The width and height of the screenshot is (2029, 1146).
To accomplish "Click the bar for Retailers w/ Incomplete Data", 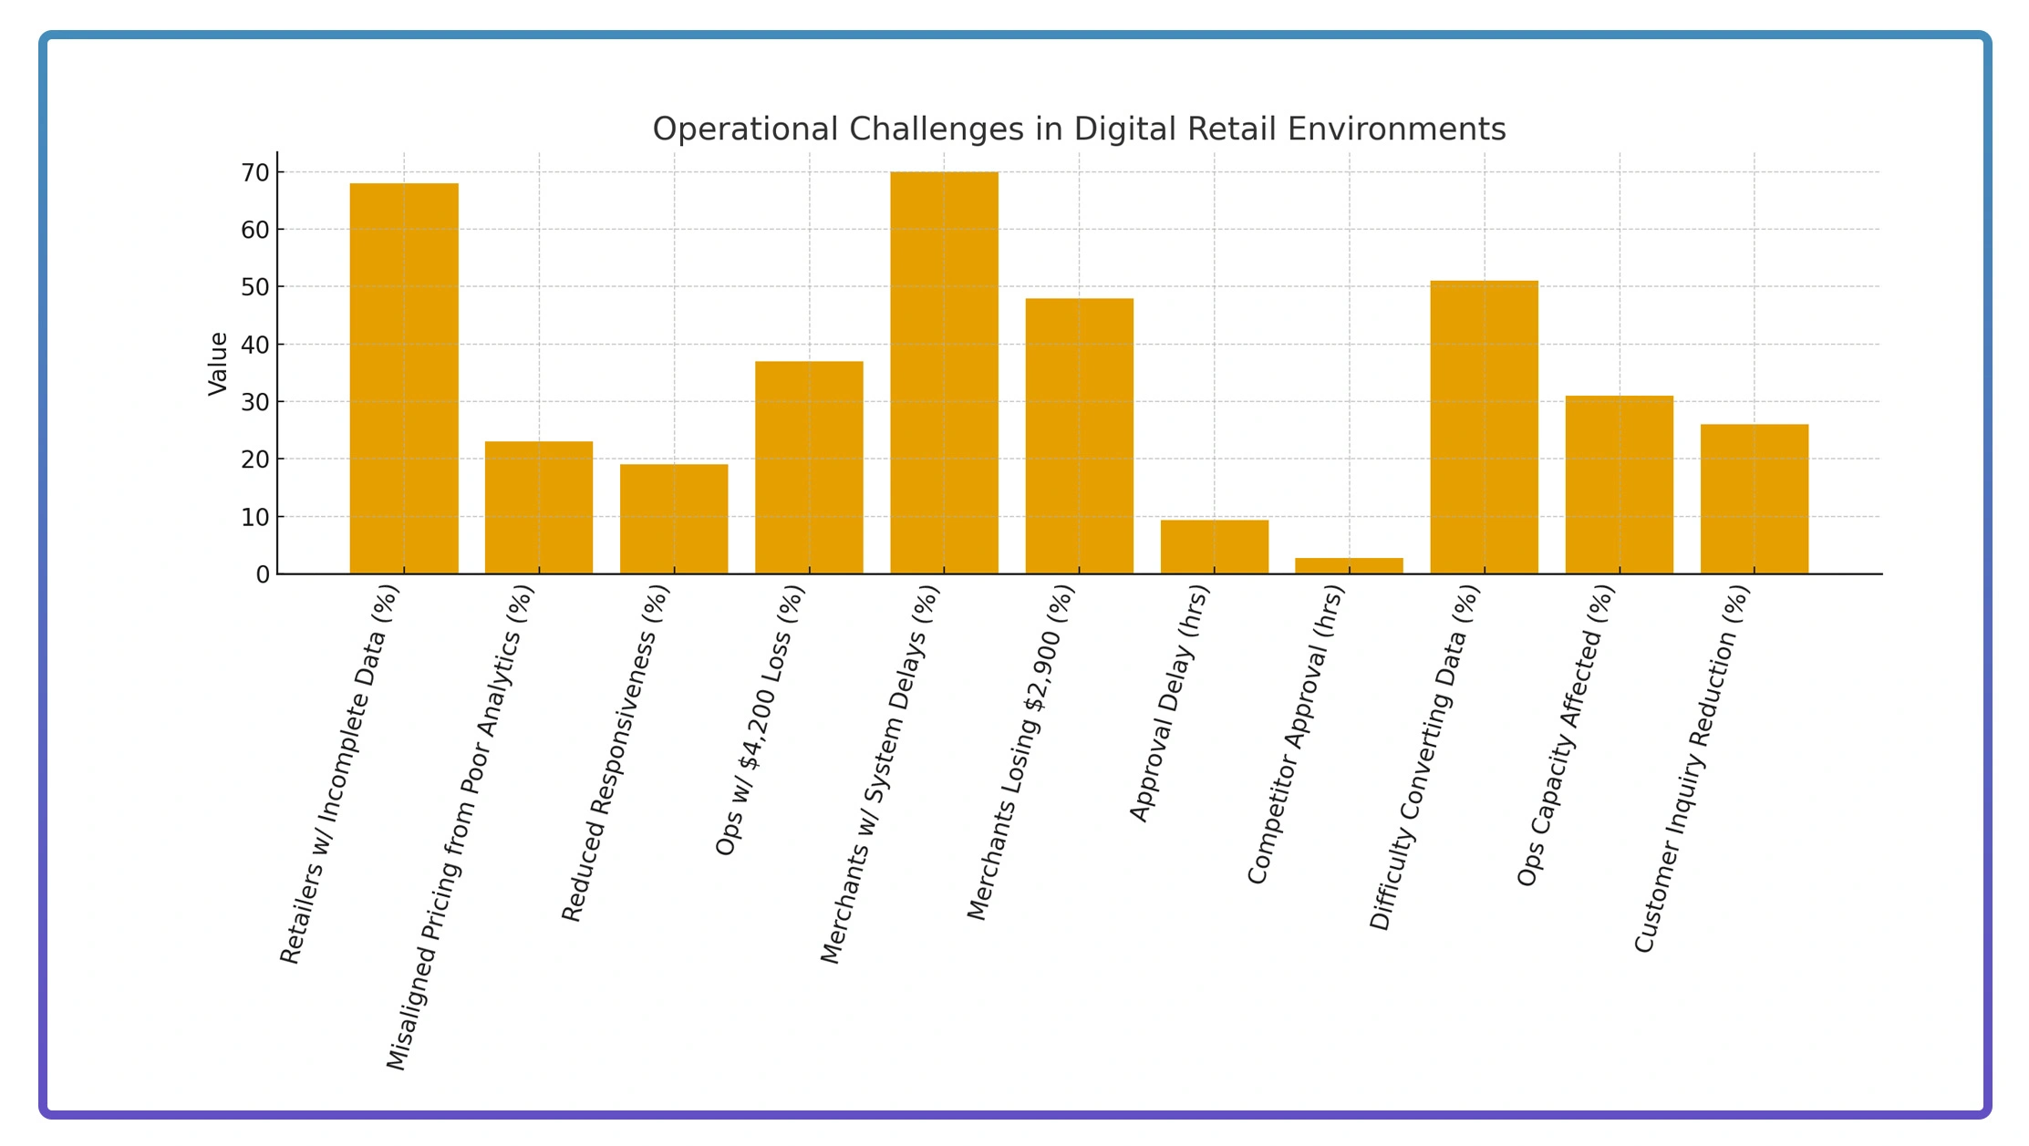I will point(404,378).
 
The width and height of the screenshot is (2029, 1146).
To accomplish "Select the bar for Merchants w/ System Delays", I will point(944,373).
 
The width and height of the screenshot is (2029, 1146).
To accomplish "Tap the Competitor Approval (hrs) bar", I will point(1349,566).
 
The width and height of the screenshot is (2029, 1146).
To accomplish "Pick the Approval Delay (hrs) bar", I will point(1214,547).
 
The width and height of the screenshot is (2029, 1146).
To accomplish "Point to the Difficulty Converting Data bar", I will point(1484,428).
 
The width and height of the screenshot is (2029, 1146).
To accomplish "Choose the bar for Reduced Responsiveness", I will point(674,520).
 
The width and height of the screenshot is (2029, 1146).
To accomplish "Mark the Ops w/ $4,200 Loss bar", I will point(809,468).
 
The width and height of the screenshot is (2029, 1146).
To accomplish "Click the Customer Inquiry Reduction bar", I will point(1754,499).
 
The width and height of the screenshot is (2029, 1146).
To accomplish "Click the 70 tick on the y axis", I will point(256,172).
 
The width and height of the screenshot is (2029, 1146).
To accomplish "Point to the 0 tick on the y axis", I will point(264,574).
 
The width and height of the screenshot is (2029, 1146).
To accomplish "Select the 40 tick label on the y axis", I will point(256,345).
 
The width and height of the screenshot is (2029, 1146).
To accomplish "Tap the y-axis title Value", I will point(218,364).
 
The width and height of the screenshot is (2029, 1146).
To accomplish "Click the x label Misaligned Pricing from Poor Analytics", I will point(461,827).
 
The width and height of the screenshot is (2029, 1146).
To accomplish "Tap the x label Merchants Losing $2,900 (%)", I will point(1021,752).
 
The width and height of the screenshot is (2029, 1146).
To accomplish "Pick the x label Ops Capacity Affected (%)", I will point(1566,735).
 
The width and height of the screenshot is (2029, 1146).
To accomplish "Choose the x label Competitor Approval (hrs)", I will point(1296,734).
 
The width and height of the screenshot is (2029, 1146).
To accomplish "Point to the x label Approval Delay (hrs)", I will point(1169,703).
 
